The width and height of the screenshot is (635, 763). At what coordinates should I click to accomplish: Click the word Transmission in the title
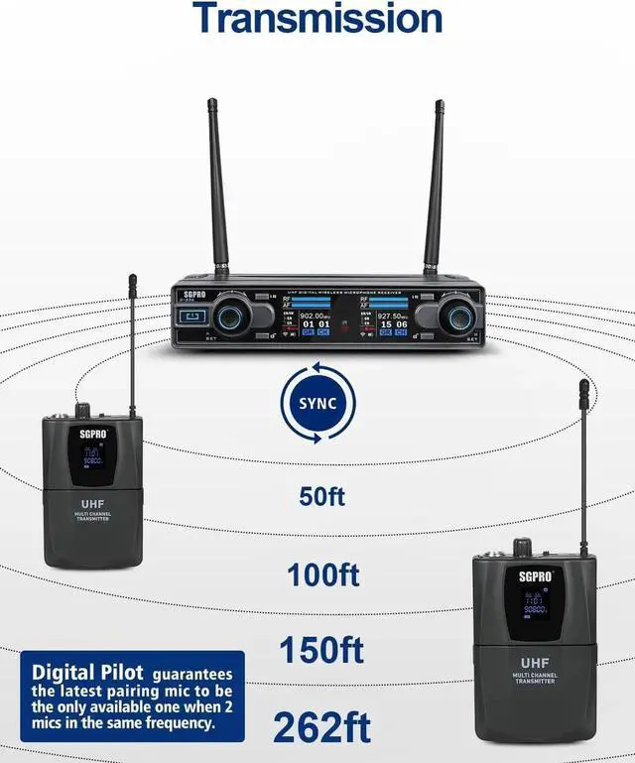(x=317, y=17)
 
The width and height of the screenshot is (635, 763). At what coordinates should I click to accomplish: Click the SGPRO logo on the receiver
(x=191, y=297)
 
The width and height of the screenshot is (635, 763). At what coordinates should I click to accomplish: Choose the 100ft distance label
(x=323, y=574)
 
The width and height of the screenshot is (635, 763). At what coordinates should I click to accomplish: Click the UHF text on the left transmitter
(x=92, y=504)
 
